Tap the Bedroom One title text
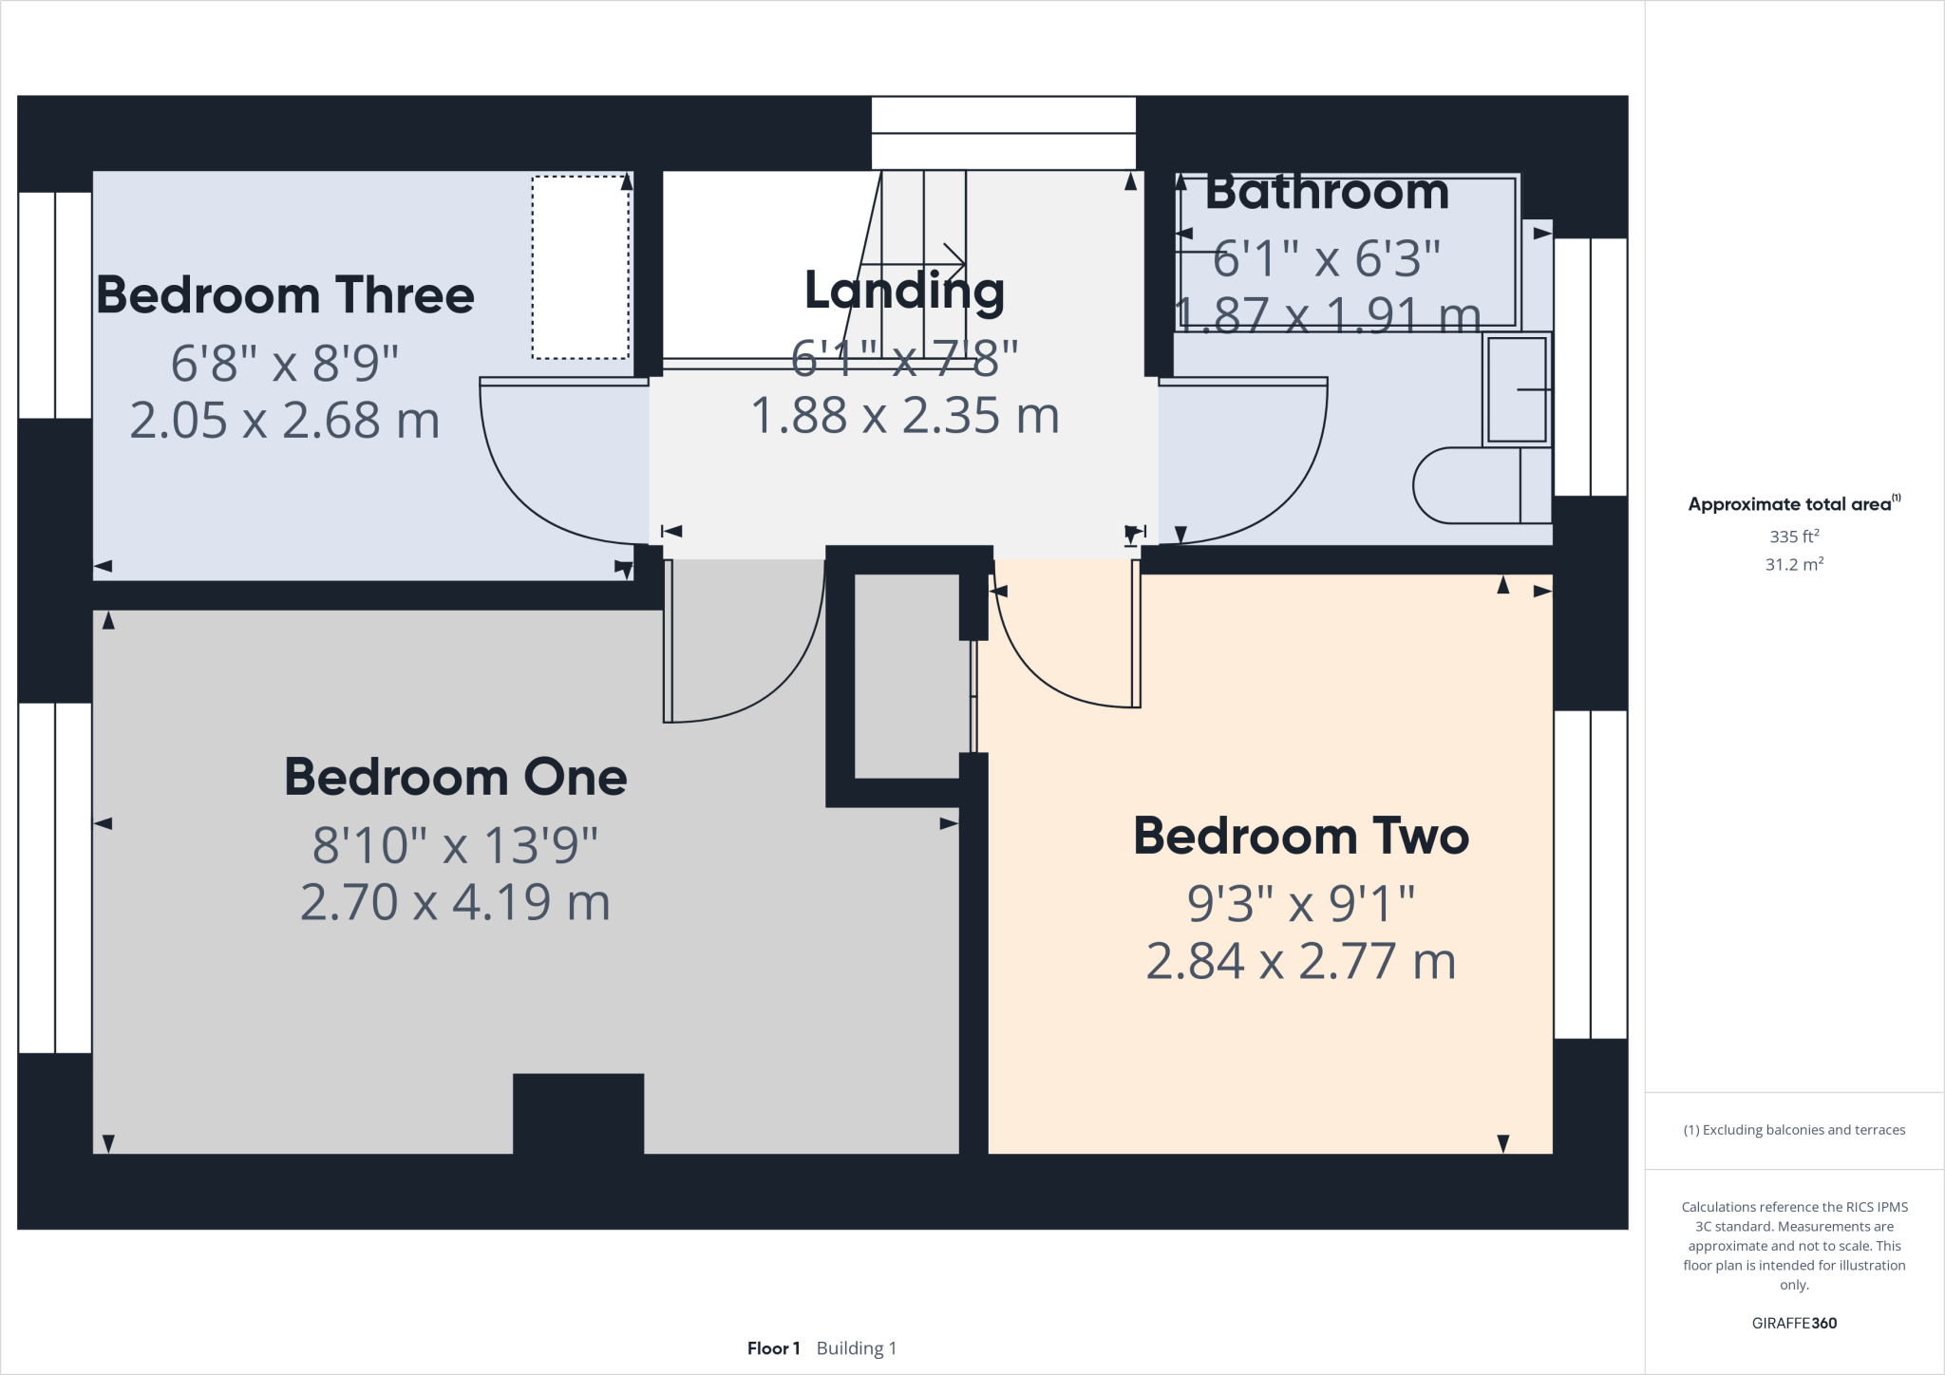[455, 777]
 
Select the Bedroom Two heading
[1300, 836]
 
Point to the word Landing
[904, 290]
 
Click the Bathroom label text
[1327, 193]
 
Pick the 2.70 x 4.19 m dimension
[455, 902]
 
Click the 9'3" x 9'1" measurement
[1300, 903]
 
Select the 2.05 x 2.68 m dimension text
[285, 421]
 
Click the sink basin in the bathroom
[1517, 389]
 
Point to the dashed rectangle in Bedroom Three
[580, 268]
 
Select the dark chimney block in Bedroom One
[578, 1113]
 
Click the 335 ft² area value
[1793, 537]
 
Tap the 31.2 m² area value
[1793, 564]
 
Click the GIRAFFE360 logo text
[1793, 1323]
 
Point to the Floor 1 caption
[773, 1348]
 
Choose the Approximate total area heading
[1791, 504]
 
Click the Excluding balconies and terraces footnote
[1793, 1130]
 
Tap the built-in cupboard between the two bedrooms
[907, 676]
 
